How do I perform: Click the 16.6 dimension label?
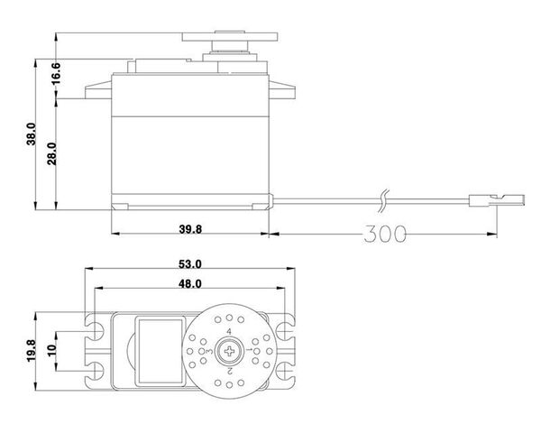[56, 73]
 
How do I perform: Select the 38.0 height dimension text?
[31, 134]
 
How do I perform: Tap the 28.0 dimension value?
[52, 153]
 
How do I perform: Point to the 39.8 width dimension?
[190, 229]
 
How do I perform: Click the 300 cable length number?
[385, 234]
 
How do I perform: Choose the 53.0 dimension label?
[189, 264]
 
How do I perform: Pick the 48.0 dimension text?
[189, 284]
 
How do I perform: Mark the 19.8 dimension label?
[31, 351]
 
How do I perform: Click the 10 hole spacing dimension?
[51, 351]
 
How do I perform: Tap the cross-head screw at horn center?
[229, 352]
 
